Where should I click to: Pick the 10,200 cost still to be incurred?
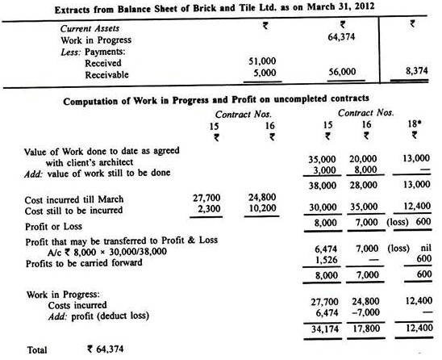tap(261, 207)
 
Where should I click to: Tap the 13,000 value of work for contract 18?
tap(418, 161)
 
